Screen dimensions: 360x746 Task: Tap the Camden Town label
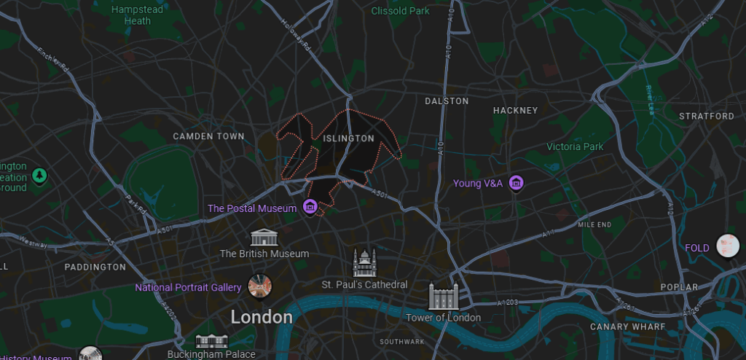click(208, 136)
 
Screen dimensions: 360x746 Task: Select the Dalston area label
click(447, 101)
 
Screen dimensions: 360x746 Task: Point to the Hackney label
click(515, 111)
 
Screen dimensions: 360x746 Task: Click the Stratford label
click(706, 117)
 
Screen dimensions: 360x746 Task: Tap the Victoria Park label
click(575, 146)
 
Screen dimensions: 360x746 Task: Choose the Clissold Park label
click(400, 11)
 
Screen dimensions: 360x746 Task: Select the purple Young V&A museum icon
click(517, 182)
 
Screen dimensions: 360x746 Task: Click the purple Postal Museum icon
click(310, 208)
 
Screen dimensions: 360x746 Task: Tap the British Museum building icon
click(264, 237)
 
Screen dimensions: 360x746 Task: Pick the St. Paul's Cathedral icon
click(364, 262)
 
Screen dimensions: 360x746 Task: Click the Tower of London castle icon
click(443, 296)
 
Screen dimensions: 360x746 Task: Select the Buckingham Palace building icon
click(212, 340)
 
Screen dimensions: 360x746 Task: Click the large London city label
click(262, 317)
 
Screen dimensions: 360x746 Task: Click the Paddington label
click(95, 267)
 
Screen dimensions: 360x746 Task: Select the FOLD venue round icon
click(726, 245)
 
